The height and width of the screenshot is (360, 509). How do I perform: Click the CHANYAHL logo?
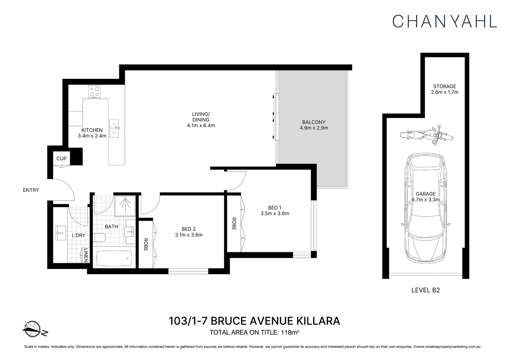(445, 21)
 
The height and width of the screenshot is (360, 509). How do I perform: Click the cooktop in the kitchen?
(94, 91)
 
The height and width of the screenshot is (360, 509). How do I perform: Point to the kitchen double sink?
(114, 129)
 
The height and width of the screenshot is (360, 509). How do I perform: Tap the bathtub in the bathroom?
(114, 259)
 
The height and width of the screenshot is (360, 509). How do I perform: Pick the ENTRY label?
(31, 190)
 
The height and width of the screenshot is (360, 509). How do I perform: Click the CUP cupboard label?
(61, 159)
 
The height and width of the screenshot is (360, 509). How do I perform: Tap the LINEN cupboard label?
(86, 255)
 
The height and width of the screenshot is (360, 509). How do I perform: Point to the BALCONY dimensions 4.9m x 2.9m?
(314, 128)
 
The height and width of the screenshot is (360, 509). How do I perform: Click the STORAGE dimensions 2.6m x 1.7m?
(444, 92)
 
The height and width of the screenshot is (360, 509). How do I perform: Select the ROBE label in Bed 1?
(234, 224)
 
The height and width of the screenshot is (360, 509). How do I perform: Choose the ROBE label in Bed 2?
(146, 245)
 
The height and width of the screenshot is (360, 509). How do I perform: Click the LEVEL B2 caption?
(426, 290)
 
